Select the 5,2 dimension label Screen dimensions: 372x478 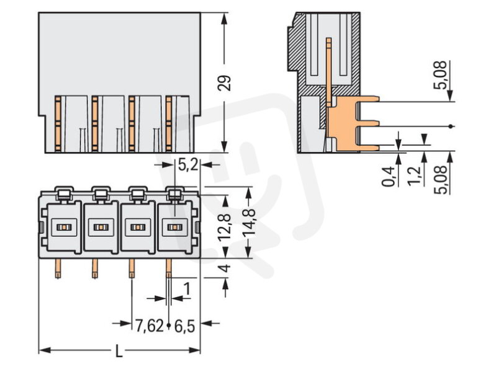pyautogui.click(x=188, y=165)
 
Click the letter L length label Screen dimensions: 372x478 pyautogui.click(x=119, y=352)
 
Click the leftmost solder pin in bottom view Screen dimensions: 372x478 pyautogui.click(x=58, y=268)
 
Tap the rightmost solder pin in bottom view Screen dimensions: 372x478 pyautogui.click(x=168, y=268)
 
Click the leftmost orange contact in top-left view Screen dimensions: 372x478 pyautogui.click(x=56, y=124)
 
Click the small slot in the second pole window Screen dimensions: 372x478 pyautogui.click(x=99, y=228)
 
